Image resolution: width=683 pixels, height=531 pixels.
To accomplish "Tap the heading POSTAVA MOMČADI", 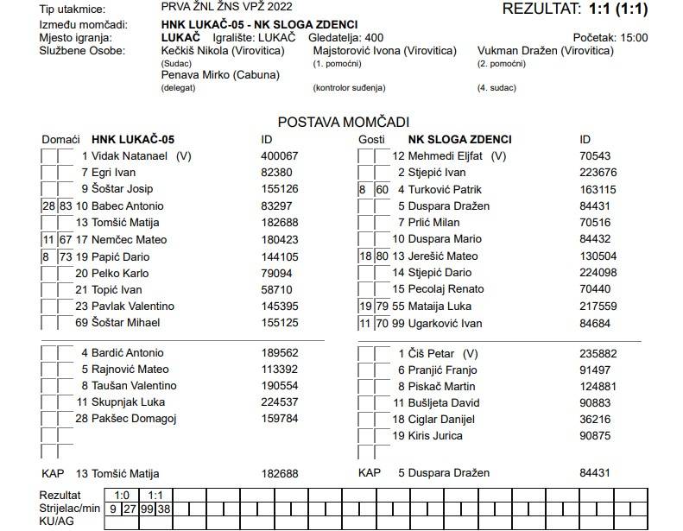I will point(343,123).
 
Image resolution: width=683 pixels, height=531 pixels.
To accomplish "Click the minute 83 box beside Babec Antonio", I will point(66,206).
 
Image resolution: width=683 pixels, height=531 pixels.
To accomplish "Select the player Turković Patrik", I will point(445,190).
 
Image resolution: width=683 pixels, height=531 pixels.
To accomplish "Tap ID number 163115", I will point(598,190).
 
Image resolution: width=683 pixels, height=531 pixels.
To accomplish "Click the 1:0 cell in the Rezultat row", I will point(122,496).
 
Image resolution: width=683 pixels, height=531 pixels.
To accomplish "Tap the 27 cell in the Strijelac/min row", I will point(130,509).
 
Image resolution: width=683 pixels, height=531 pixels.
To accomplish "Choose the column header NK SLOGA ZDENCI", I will point(459,140).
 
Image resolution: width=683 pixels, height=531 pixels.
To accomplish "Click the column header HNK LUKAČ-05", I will point(133,140).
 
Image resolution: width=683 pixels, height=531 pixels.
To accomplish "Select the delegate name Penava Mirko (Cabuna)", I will point(220,75).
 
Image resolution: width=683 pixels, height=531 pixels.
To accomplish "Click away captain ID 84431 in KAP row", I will point(595,473).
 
